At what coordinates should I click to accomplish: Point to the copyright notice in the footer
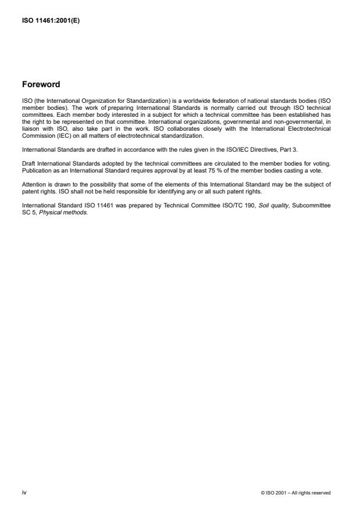coord(296,493)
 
